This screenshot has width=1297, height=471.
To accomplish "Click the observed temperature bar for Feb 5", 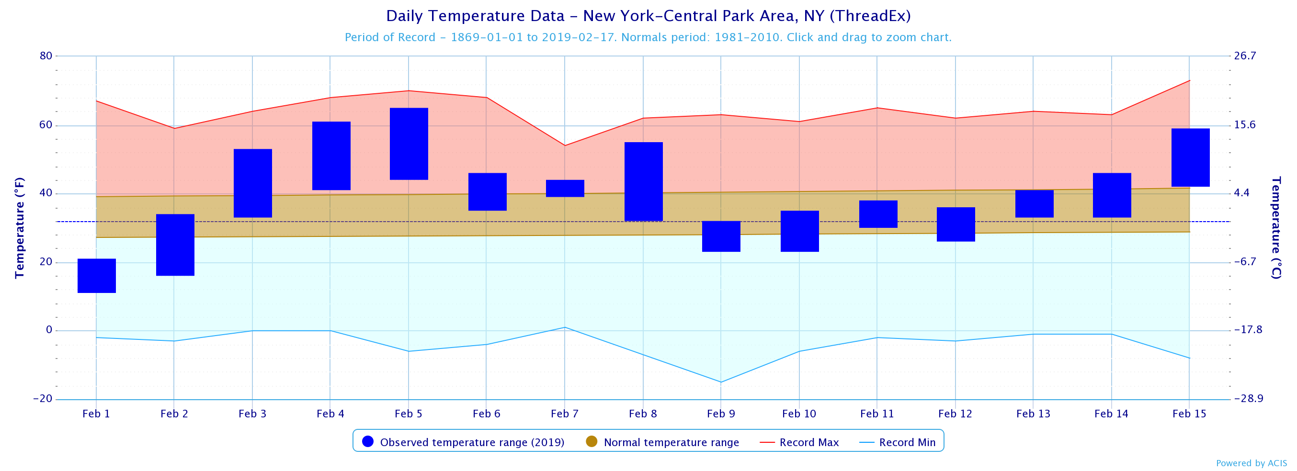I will tap(409, 144).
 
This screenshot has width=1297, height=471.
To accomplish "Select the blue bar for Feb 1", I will tap(96, 275).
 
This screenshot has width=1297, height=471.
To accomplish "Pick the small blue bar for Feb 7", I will tap(565, 188).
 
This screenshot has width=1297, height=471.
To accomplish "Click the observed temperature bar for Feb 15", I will tap(1190, 157).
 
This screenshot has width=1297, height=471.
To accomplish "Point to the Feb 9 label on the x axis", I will tap(720, 414).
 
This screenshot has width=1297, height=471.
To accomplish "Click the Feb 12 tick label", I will tap(955, 414).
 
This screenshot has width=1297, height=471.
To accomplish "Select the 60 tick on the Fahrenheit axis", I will tap(46, 125).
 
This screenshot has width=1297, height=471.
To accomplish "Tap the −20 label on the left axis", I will tap(43, 399).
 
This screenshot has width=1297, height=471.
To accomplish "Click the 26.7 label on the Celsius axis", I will tap(1245, 56).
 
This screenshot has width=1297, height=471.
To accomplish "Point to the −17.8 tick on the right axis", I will tap(1248, 330).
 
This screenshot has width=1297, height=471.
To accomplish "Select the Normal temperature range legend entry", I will tap(662, 442).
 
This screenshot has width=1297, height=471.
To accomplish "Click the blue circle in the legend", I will tap(367, 441).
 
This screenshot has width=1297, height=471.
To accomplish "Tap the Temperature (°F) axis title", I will tap(20, 227).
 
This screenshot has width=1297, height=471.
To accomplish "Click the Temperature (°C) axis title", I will tap(1276, 227).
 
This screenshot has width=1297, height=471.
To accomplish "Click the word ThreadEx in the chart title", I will tap(869, 16).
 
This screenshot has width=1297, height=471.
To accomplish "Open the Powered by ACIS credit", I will tap(1251, 463).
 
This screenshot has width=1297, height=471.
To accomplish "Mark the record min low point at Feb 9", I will tap(720, 382).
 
